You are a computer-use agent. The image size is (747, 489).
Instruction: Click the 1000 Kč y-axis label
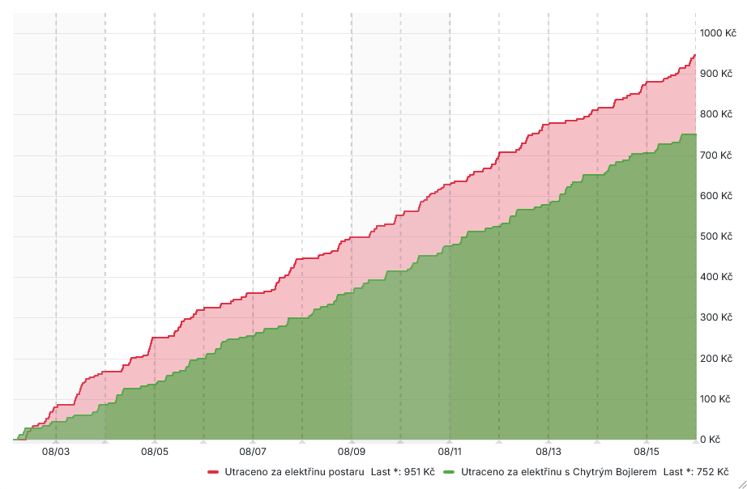(718, 33)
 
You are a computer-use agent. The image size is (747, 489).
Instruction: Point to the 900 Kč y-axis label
(716, 74)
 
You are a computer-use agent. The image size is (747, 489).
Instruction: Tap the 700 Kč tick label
(716, 155)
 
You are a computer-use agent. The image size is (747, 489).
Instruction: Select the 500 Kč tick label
(716, 236)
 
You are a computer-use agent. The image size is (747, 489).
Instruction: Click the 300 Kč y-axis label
(716, 317)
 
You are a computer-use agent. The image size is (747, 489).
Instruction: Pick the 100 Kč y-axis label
(716, 399)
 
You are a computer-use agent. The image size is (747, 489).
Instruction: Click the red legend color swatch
(214, 471)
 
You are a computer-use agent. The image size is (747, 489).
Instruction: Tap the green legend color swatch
(450, 471)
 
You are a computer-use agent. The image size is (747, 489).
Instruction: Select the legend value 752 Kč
(711, 471)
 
